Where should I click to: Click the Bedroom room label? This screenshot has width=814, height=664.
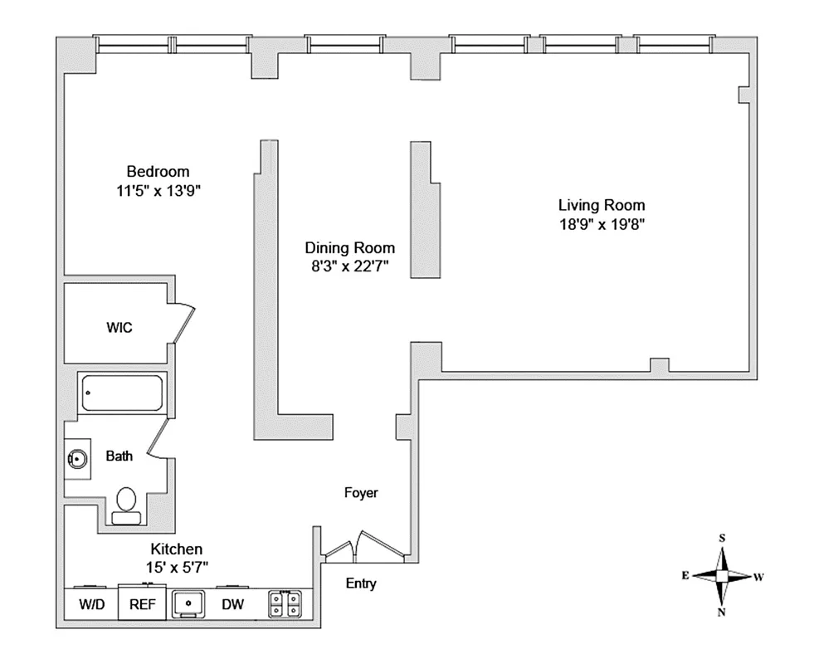point(158,172)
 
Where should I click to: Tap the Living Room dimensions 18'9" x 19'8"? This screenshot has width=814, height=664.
point(602,225)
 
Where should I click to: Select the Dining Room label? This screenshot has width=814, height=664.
point(350,247)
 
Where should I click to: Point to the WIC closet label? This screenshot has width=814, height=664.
point(119,328)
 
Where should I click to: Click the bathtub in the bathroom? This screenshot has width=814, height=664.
point(123,393)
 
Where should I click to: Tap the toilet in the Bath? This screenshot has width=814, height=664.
point(126,506)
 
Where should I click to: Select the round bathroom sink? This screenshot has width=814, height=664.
point(77,459)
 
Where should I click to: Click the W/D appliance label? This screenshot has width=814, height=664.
point(92,604)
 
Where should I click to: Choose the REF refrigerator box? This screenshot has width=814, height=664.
point(142,603)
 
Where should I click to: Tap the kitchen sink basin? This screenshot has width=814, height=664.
point(188,603)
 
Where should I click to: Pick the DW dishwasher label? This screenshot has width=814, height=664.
point(232,604)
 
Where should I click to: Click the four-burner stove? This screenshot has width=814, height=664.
point(285,604)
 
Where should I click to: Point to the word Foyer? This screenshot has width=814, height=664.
point(361,493)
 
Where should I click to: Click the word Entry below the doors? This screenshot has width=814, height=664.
point(361,583)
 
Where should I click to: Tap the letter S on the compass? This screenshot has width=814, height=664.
point(722,539)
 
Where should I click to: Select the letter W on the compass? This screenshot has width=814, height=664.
point(758,577)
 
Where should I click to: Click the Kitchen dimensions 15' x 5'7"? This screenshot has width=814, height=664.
point(177,568)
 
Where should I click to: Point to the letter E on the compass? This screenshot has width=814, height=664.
point(685,576)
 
